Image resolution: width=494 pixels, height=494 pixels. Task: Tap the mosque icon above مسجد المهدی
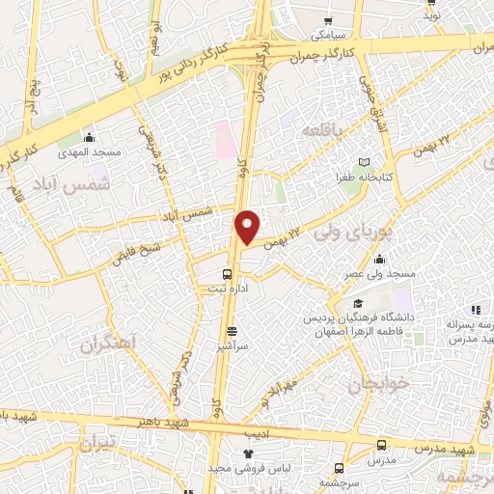[x=89, y=136]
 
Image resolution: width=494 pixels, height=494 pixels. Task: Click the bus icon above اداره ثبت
[x=228, y=273]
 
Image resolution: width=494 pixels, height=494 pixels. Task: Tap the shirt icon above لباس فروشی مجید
[x=247, y=453]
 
